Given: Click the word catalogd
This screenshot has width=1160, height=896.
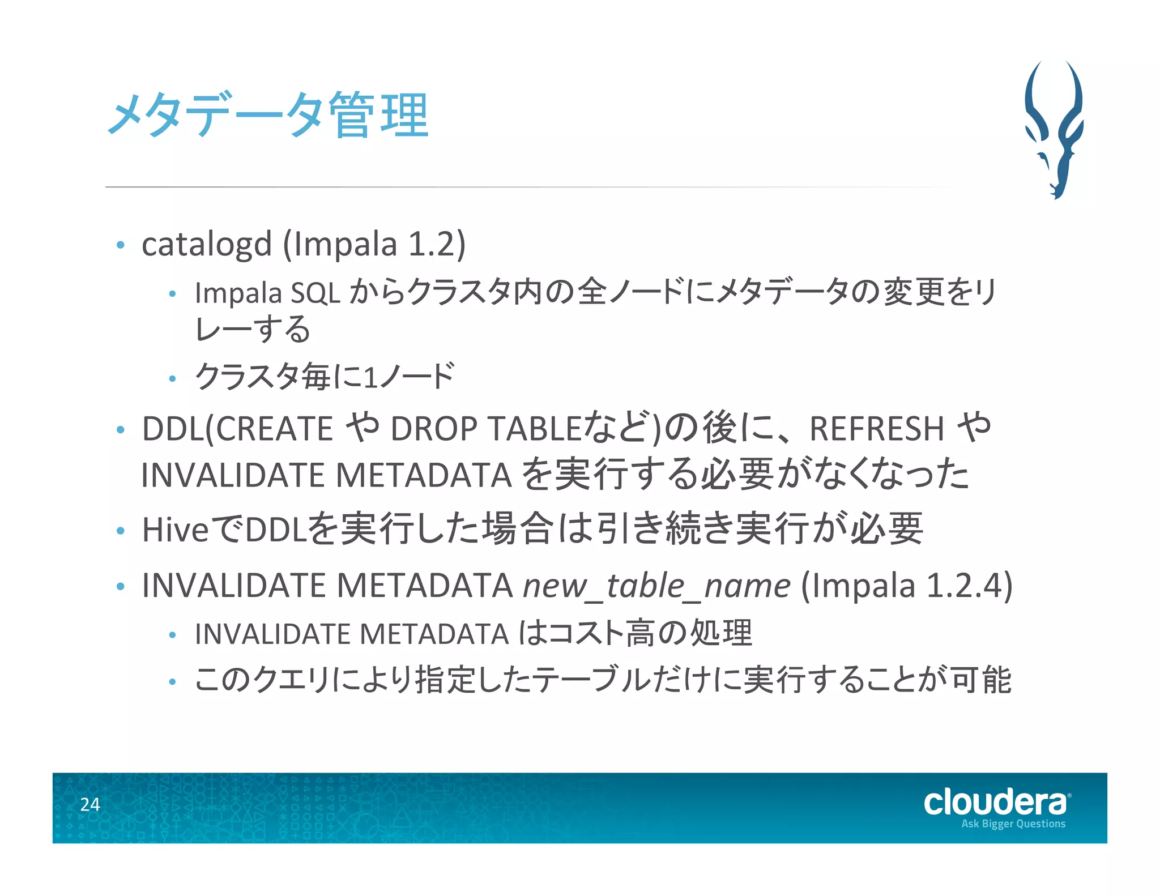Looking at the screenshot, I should (x=207, y=245).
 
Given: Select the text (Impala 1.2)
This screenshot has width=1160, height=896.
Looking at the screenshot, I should (x=374, y=245).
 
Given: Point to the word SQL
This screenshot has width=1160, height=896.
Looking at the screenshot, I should (x=315, y=293).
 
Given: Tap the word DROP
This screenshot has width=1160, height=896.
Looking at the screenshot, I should (x=433, y=429).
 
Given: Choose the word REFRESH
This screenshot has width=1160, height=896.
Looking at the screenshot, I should (x=877, y=429).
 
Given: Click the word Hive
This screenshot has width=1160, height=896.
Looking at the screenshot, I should (x=175, y=530).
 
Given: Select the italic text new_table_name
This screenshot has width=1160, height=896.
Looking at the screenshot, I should (x=656, y=586).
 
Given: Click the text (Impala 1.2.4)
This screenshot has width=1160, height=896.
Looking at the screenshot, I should (x=906, y=586).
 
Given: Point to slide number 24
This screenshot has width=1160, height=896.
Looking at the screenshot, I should (x=90, y=804).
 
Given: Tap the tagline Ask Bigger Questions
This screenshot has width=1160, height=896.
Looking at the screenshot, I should (x=1013, y=824).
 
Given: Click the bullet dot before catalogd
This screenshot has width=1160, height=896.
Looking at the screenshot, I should (x=120, y=245).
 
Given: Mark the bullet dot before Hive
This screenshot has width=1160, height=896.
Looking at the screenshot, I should (x=120, y=531).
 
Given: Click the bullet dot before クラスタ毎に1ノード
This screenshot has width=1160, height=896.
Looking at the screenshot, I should (x=173, y=378).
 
